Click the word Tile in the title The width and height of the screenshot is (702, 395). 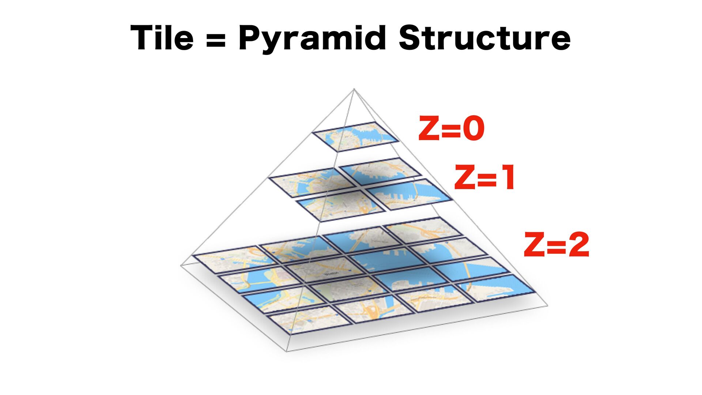[x=162, y=38]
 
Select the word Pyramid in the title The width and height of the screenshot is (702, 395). [x=312, y=38]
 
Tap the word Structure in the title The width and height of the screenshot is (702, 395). [x=484, y=38]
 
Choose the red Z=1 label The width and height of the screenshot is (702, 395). [x=485, y=178]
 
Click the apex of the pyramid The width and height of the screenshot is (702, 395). [x=354, y=89]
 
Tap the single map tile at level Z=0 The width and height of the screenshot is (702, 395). [x=355, y=136]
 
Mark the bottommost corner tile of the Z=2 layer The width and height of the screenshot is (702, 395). [x=309, y=320]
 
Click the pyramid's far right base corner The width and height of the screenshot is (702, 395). [x=547, y=305]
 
